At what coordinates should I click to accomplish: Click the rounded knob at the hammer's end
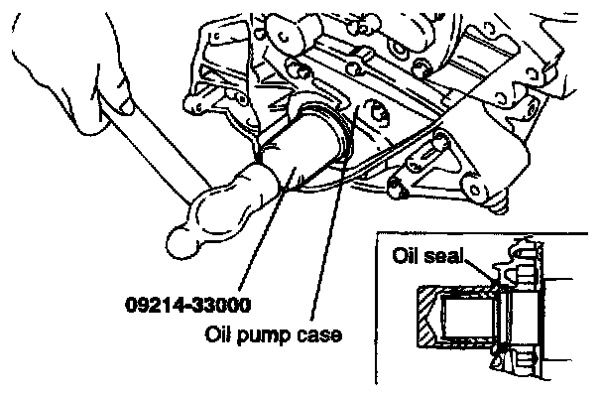[x=179, y=238]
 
